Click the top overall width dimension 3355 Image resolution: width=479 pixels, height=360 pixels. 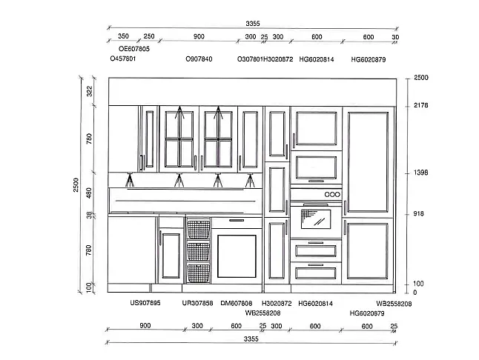click(253, 24)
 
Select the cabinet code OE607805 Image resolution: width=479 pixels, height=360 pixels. click(134, 49)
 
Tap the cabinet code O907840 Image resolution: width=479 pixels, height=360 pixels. click(199, 59)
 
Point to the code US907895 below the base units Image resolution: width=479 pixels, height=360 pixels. click(145, 303)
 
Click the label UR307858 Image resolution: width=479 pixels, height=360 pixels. click(197, 303)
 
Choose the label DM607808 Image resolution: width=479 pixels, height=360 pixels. click(237, 303)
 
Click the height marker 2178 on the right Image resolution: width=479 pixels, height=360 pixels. click(421, 105)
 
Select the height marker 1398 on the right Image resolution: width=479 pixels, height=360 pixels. click(421, 173)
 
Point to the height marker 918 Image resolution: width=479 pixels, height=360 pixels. click(418, 213)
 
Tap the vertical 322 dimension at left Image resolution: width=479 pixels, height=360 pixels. click(89, 91)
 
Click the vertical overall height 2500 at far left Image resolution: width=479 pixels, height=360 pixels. click(76, 185)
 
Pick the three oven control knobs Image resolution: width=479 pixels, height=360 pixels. click(332, 194)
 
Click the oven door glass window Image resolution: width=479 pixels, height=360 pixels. click(316, 219)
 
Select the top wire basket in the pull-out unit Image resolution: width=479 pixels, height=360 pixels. click(199, 230)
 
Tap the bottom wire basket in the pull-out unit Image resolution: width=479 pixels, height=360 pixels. click(199, 273)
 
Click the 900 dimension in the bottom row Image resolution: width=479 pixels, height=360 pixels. click(145, 325)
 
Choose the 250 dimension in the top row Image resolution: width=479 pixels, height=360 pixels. click(149, 36)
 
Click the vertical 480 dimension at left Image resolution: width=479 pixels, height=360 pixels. click(89, 193)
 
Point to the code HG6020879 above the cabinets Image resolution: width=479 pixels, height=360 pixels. click(369, 59)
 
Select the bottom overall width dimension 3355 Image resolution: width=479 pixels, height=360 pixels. click(251, 339)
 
